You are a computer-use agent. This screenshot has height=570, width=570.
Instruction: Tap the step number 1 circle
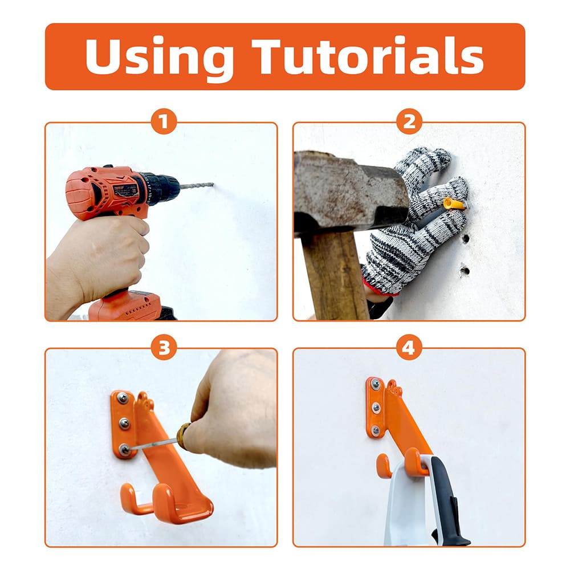(x=164, y=121)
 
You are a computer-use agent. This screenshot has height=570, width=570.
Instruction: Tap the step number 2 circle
(x=409, y=121)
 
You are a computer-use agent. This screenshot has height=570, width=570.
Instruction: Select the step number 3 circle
(x=164, y=348)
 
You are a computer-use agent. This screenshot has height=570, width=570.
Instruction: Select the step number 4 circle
(x=409, y=348)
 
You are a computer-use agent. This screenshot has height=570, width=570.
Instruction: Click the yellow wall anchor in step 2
(x=454, y=203)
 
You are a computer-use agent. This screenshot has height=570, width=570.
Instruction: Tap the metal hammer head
(x=348, y=191)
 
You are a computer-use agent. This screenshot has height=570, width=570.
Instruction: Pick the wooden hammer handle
(x=333, y=274)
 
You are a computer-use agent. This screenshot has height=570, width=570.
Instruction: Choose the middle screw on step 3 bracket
(x=124, y=424)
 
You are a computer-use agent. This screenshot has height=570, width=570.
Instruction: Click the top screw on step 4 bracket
(x=375, y=385)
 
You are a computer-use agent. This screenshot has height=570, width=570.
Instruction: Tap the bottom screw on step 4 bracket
(x=375, y=430)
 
